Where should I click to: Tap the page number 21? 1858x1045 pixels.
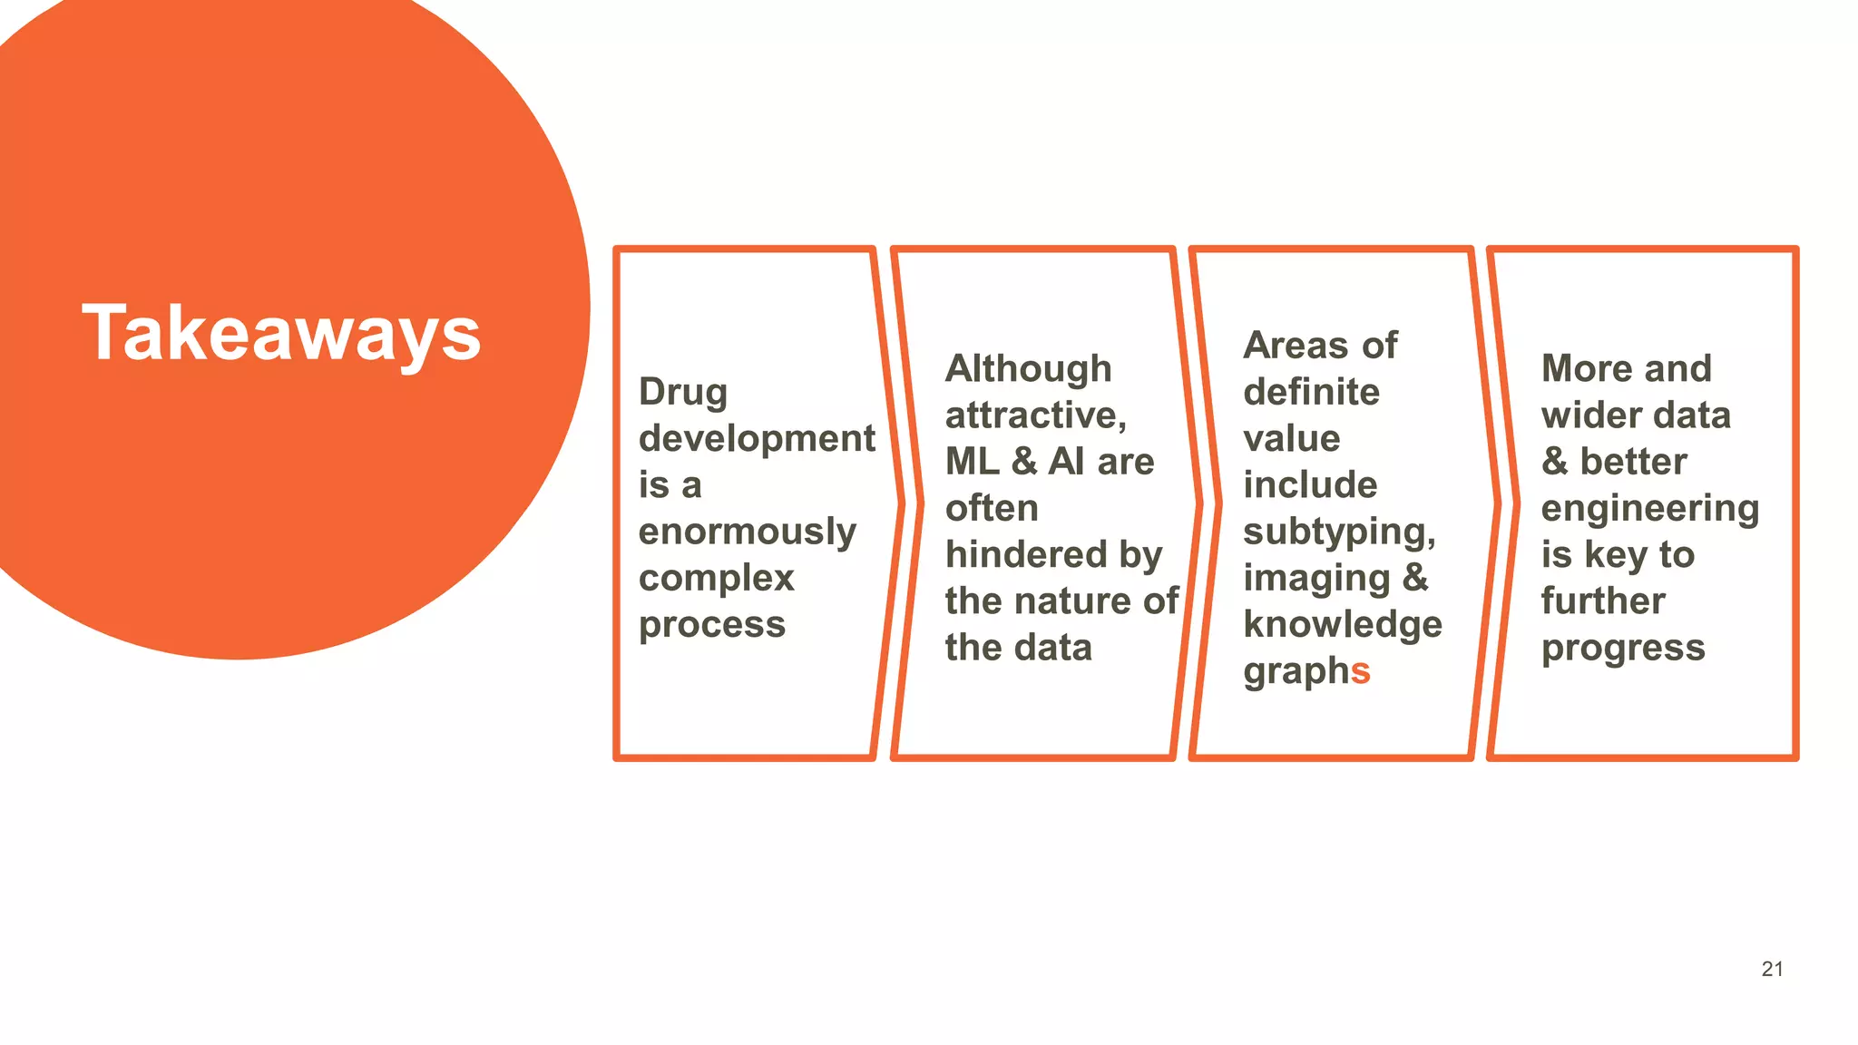coord(1772,969)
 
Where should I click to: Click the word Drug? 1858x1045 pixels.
coord(683,393)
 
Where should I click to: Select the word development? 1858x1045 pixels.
coord(757,438)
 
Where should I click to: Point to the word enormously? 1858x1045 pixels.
coord(747,532)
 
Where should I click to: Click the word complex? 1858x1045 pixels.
coord(716,578)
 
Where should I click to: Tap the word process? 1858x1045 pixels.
coord(712,625)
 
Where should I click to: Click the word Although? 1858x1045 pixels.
coord(1028,369)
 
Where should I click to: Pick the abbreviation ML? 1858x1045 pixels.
coord(972,462)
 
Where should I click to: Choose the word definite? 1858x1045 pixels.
coord(1311,392)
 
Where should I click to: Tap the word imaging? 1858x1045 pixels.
coord(1315,579)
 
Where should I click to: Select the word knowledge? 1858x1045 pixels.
coord(1342,625)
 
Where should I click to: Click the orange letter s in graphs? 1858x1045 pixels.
coord(1360,672)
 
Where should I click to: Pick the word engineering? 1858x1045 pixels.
coord(1649,509)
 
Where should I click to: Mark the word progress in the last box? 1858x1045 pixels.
coord(1623,649)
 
